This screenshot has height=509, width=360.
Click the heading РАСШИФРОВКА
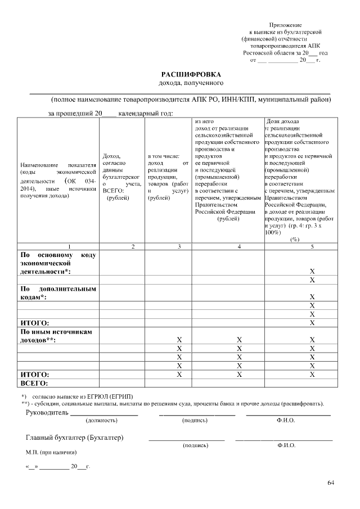[191, 74]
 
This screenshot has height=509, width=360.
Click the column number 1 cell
[69, 246]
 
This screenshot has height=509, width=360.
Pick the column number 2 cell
[133, 246]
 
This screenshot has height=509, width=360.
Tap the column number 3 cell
[179, 246]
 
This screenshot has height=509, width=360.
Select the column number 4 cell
[239, 246]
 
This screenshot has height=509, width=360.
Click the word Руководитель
[46, 413]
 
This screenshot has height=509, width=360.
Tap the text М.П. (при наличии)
[51, 452]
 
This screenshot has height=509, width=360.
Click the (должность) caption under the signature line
[101, 421]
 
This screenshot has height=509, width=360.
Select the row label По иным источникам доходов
[56, 336]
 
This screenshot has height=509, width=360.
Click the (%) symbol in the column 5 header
[294, 239]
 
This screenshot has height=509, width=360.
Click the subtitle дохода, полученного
[191, 83]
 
